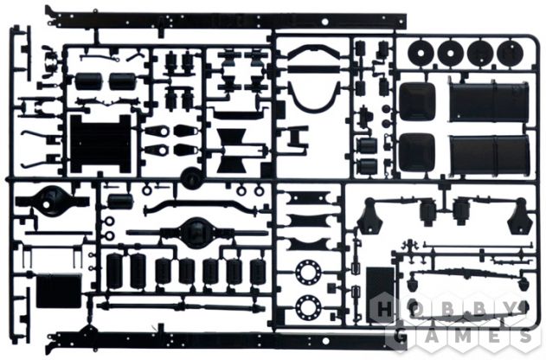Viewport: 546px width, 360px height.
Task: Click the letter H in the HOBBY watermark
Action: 384,309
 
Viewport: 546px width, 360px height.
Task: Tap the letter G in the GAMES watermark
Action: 401,337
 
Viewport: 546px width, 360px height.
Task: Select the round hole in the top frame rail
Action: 324,22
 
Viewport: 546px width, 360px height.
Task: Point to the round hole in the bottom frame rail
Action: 325,340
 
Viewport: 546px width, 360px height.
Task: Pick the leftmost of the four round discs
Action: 421,53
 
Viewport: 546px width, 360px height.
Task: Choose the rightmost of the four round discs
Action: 511,53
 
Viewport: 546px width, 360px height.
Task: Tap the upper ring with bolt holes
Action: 308,273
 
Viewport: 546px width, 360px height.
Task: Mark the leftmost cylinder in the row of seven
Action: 115,271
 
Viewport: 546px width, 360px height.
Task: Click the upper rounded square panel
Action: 417,101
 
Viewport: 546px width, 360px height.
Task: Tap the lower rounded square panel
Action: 417,152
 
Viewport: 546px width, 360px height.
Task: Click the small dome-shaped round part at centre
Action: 191,178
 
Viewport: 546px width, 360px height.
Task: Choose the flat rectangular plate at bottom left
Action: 59,291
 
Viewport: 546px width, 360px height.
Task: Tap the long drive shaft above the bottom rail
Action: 180,306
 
